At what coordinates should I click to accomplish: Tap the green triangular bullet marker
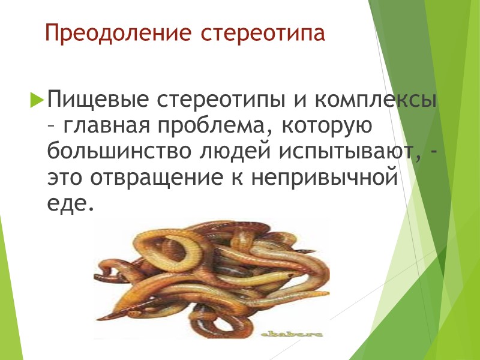click(x=37, y=97)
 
